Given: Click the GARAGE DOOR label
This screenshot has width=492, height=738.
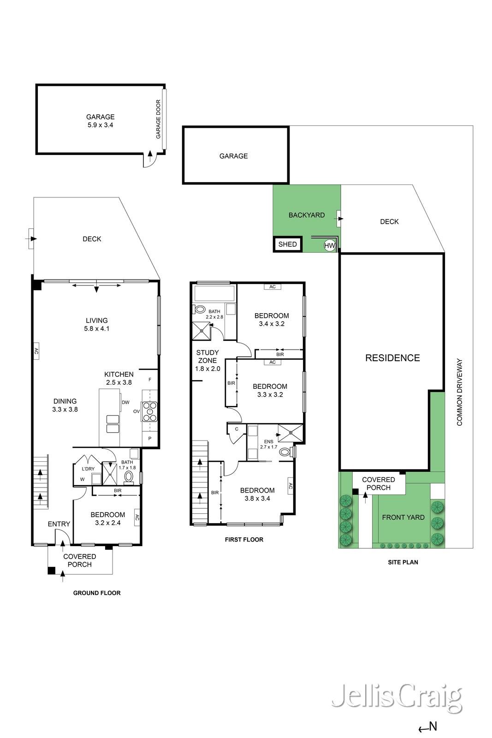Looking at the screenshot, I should (158, 119).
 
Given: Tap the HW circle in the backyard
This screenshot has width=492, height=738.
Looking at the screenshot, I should (329, 246).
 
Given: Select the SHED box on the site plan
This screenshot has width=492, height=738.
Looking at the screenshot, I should (288, 244).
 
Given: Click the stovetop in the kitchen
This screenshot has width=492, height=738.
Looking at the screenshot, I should (150, 412).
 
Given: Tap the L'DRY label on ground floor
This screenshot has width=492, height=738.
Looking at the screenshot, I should (88, 469).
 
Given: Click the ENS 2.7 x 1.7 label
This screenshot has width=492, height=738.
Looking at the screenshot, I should (268, 444).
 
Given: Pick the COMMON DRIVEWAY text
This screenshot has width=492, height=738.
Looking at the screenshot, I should (459, 392).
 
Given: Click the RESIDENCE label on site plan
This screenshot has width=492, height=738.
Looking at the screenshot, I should (392, 358).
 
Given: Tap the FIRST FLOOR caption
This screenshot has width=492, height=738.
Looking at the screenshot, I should (244, 539).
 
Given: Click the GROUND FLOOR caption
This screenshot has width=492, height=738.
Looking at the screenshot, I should (97, 593).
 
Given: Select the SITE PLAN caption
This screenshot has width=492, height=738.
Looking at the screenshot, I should (403, 562).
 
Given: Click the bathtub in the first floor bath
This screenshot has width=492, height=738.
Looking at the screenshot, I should (215, 293).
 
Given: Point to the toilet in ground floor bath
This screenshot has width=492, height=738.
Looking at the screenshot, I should (129, 476).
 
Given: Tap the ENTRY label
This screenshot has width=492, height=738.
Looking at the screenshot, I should (59, 524).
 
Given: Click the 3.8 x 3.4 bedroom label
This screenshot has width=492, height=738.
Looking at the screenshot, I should (257, 494).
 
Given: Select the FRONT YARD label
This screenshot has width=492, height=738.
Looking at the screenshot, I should (403, 518).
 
